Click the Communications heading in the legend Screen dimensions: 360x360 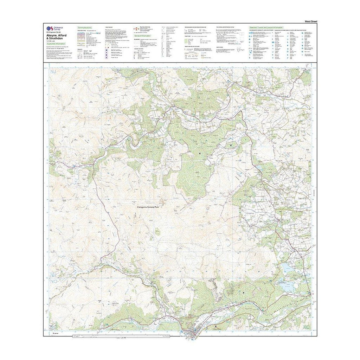[84, 27]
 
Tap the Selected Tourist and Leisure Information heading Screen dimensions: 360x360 [266, 27]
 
